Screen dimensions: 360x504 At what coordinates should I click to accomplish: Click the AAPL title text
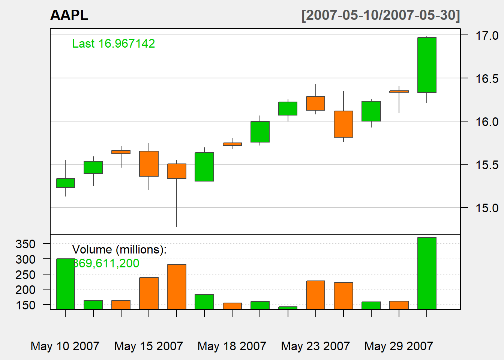tap(69, 15)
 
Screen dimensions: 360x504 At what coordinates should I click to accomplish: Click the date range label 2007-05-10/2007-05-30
tap(381, 15)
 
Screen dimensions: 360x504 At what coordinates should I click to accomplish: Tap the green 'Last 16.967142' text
tap(113, 44)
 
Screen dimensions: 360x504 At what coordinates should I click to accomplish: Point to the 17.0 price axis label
tap(487, 36)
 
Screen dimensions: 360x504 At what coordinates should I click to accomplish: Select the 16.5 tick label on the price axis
tap(487, 79)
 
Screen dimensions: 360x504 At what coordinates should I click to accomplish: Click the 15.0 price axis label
tap(487, 208)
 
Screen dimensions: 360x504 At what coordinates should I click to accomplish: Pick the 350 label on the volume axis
tap(25, 244)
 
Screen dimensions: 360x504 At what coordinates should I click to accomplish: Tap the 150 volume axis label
tap(25, 305)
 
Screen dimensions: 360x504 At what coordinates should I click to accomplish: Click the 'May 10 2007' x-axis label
tap(65, 346)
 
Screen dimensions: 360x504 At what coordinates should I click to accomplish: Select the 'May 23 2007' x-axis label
tap(315, 346)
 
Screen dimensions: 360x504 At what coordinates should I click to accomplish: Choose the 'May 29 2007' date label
tap(399, 346)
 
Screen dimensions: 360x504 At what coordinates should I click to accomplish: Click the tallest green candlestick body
tap(427, 65)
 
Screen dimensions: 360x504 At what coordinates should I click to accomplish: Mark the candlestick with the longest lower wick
tap(177, 171)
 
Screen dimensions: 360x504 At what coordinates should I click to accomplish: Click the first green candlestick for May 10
tap(65, 183)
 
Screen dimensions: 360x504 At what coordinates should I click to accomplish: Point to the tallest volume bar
tap(427, 273)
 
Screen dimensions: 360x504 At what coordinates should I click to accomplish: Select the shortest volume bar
tap(288, 308)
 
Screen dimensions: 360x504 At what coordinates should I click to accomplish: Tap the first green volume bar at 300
tap(65, 284)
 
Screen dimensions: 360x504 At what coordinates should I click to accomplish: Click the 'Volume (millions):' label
tap(119, 250)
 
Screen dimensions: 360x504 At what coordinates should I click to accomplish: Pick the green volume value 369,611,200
tap(106, 263)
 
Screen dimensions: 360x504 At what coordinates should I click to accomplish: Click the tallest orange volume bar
tap(177, 287)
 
